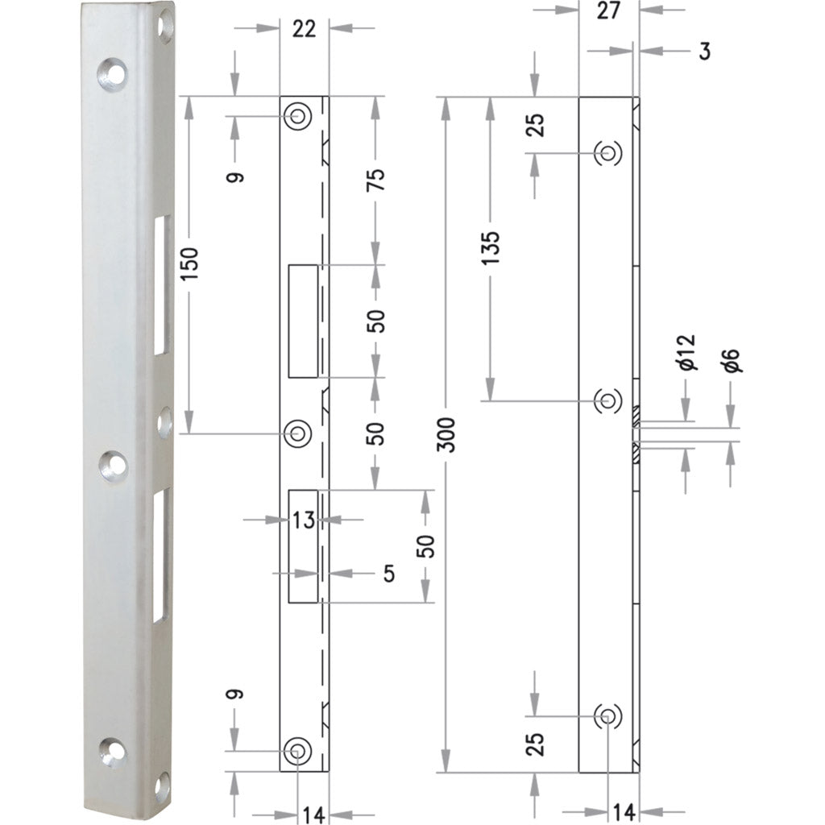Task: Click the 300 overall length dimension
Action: [449, 433]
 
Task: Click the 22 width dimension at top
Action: [304, 29]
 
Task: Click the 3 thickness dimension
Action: [704, 52]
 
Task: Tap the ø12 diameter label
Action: [686, 354]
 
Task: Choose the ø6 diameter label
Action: [731, 360]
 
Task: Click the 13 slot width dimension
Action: [303, 520]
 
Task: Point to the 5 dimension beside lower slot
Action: [389, 574]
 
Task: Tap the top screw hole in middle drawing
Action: [298, 116]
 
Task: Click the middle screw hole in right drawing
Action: [607, 400]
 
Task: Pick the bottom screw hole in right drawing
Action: [607, 715]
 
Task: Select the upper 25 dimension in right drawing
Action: [537, 124]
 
